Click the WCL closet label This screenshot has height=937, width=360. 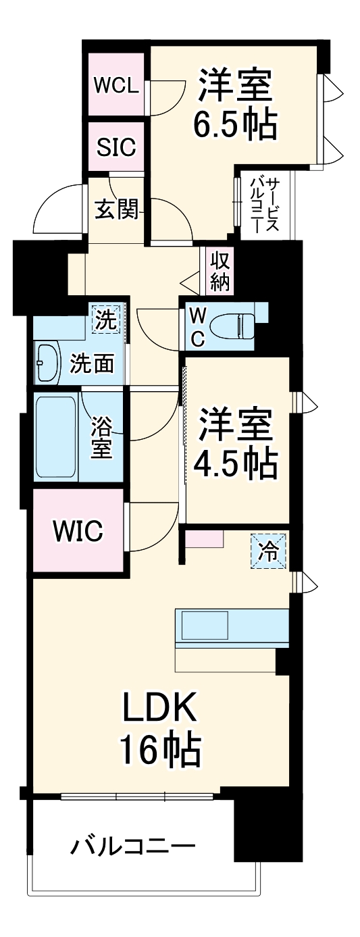click(x=116, y=86)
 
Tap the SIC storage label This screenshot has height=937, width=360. click(x=116, y=147)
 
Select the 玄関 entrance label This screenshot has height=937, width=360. click(x=116, y=211)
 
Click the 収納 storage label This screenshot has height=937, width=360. click(x=220, y=271)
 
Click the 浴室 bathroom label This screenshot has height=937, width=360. click(x=101, y=438)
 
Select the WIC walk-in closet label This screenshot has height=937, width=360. click(x=79, y=531)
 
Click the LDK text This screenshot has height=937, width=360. click(x=159, y=708)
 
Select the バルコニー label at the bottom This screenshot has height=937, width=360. click(x=134, y=845)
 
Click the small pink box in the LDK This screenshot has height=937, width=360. click(x=205, y=539)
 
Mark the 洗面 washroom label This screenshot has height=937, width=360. click(x=92, y=365)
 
